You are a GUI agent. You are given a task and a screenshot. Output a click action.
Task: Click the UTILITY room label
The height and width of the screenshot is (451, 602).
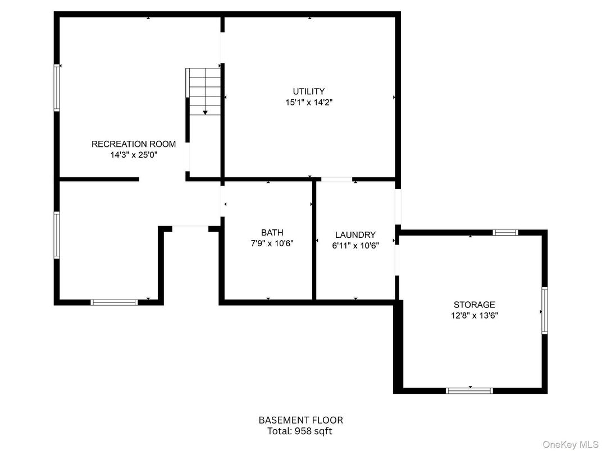pyautogui.click(x=309, y=91)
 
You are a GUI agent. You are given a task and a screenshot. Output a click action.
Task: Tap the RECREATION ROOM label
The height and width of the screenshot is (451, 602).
pyautogui.click(x=134, y=144)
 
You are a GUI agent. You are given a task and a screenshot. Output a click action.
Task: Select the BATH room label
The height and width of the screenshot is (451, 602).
pyautogui.click(x=272, y=232)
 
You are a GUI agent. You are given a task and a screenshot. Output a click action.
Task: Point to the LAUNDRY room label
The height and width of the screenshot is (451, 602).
pyautogui.click(x=355, y=234)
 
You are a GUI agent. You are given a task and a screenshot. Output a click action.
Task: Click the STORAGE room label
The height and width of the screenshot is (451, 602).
pyautogui.click(x=475, y=305)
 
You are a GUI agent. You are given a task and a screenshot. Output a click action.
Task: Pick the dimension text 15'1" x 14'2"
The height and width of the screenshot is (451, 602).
pyautogui.click(x=309, y=103)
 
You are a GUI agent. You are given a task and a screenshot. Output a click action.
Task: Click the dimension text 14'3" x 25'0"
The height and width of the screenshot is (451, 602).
pyautogui.click(x=134, y=155)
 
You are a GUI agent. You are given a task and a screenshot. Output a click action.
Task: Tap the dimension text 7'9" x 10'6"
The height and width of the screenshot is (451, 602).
pyautogui.click(x=272, y=243)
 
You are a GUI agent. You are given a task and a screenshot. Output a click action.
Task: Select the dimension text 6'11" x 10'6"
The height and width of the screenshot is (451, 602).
pyautogui.click(x=355, y=246)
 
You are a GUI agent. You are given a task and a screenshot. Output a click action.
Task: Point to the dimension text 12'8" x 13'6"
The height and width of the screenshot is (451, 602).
pyautogui.click(x=475, y=316)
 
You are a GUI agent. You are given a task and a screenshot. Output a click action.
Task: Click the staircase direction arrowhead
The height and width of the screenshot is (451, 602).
pyautogui.click(x=206, y=113)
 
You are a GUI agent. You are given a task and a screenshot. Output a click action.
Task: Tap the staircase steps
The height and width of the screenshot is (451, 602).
pyautogui.click(x=203, y=91)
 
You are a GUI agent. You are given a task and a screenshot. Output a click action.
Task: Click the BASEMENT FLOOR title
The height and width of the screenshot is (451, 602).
pyautogui.click(x=301, y=420)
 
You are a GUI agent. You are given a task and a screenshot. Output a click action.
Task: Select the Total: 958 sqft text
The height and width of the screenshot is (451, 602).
pyautogui.click(x=300, y=431)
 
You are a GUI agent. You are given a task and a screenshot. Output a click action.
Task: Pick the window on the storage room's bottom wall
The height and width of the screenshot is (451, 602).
pyautogui.click(x=469, y=391)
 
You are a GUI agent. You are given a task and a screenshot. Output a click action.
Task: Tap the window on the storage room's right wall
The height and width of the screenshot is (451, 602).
pyautogui.click(x=545, y=310)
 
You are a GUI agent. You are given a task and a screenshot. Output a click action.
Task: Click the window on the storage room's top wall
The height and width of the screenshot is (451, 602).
pyautogui.click(x=505, y=232)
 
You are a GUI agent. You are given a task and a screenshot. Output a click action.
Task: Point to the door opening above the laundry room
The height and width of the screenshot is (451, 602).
pyautogui.click(x=337, y=179)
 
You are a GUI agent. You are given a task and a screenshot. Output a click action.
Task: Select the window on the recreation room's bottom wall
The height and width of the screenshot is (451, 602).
pyautogui.click(x=114, y=302)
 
